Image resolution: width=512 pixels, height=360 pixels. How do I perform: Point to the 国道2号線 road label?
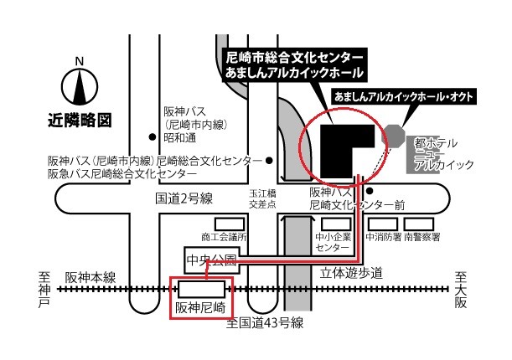coord(184,198)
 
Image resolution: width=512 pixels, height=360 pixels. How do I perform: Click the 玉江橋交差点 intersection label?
coord(256,198)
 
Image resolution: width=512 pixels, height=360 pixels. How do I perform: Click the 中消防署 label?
coord(382,237)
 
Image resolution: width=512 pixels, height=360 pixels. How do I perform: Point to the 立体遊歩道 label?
coord(352,273)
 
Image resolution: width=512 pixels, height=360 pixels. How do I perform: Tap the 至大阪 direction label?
coord(459,289)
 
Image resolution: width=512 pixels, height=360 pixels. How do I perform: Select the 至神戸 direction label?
coord(44,289)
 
